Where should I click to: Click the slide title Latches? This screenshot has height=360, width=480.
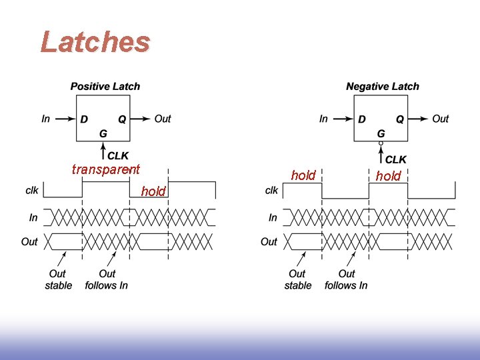click(x=95, y=42)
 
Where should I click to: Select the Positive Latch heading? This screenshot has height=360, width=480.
click(x=105, y=86)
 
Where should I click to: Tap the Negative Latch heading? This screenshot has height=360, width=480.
click(x=383, y=86)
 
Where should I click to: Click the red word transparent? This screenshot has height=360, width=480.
click(x=106, y=169)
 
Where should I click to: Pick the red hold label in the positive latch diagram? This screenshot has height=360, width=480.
click(x=153, y=191)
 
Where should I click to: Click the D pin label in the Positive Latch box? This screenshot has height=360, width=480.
click(x=84, y=119)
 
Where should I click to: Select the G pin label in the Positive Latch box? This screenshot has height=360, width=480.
click(x=103, y=133)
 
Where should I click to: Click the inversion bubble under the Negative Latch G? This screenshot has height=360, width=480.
click(x=381, y=143)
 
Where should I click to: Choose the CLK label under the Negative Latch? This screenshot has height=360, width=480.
click(x=396, y=160)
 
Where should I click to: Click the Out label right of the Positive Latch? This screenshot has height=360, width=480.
click(x=163, y=119)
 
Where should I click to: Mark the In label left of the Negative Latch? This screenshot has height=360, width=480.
click(x=323, y=119)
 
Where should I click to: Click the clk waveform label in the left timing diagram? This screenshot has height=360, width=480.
click(x=32, y=190)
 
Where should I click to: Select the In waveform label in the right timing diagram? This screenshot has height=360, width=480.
click(x=273, y=217)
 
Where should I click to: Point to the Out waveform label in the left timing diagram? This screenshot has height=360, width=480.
click(x=29, y=241)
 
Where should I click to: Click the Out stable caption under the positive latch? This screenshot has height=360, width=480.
click(x=58, y=279)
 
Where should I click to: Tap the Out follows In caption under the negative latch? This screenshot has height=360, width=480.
click(x=346, y=279)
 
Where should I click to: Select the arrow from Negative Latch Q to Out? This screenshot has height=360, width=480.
click(x=419, y=119)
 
